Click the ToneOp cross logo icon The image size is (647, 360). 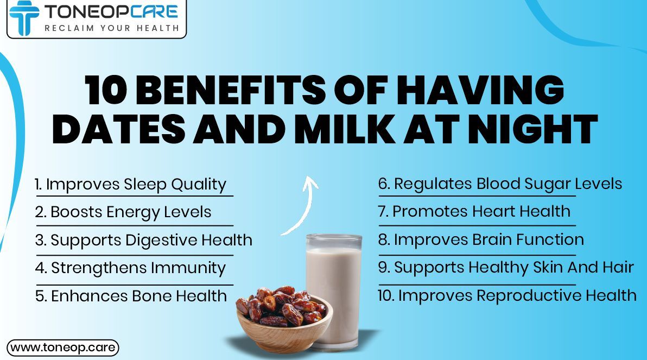pyautogui.click(x=24, y=17)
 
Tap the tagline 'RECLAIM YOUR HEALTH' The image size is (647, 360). pyautogui.click(x=112, y=28)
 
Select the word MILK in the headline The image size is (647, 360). pyautogui.click(x=345, y=129)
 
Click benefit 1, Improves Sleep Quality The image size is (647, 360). pyautogui.click(x=131, y=185)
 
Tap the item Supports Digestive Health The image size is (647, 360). pyautogui.click(x=144, y=241)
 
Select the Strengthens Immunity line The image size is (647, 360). pyautogui.click(x=130, y=268)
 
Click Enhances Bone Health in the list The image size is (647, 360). pyautogui.click(x=131, y=296)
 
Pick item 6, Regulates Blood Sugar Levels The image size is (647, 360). pyautogui.click(x=500, y=184)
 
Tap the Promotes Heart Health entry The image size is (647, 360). pyautogui.click(x=474, y=211)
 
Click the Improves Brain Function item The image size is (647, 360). pyautogui.click(x=481, y=239)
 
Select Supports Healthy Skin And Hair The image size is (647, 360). pyautogui.click(x=506, y=268)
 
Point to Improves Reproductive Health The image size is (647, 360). pyautogui.click(x=507, y=295)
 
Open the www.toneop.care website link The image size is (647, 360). pyautogui.click(x=63, y=348)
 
